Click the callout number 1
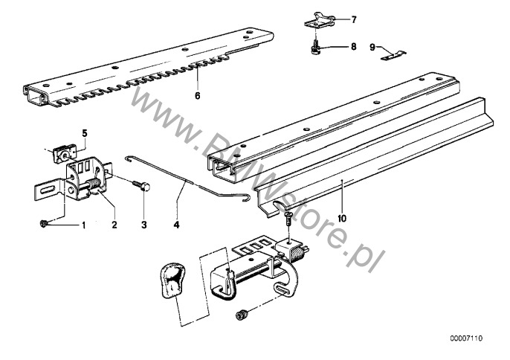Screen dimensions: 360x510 [84, 224]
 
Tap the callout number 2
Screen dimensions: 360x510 [114, 224]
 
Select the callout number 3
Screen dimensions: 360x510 [143, 224]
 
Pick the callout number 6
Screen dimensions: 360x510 [198, 96]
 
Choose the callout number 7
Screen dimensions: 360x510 [354, 19]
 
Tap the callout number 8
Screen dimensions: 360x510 [354, 46]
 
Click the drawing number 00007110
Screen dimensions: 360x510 [465, 338]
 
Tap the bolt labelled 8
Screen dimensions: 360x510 [315, 47]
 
